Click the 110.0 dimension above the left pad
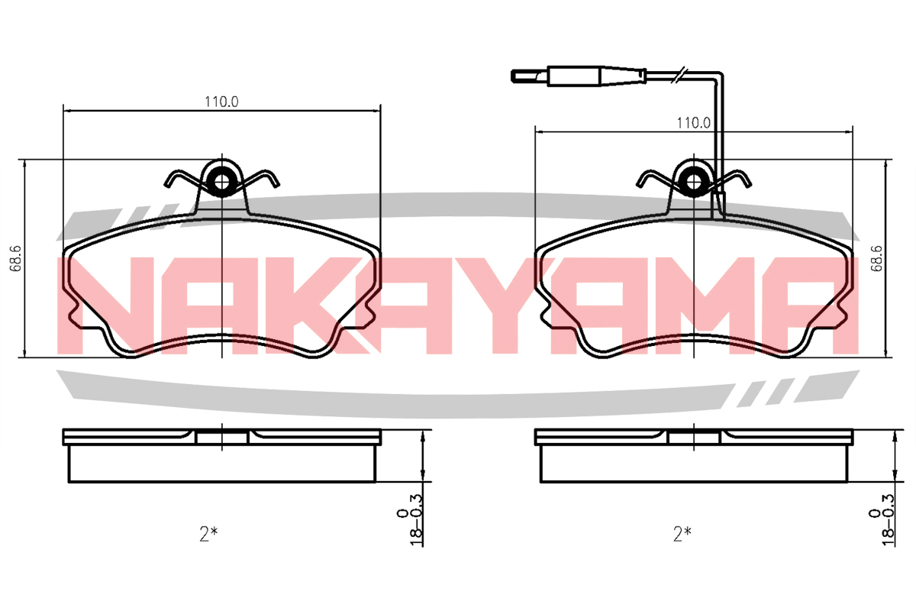pyautogui.click(x=221, y=102)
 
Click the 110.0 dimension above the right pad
pyautogui.click(x=694, y=123)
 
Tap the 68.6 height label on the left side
pyautogui.click(x=16, y=259)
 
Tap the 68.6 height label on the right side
pyautogui.click(x=876, y=259)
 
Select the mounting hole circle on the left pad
pyautogui.click(x=221, y=182)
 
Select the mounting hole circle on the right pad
pyautogui.click(x=694, y=182)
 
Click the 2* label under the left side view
pyautogui.click(x=208, y=534)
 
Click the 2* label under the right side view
pyautogui.click(x=682, y=534)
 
